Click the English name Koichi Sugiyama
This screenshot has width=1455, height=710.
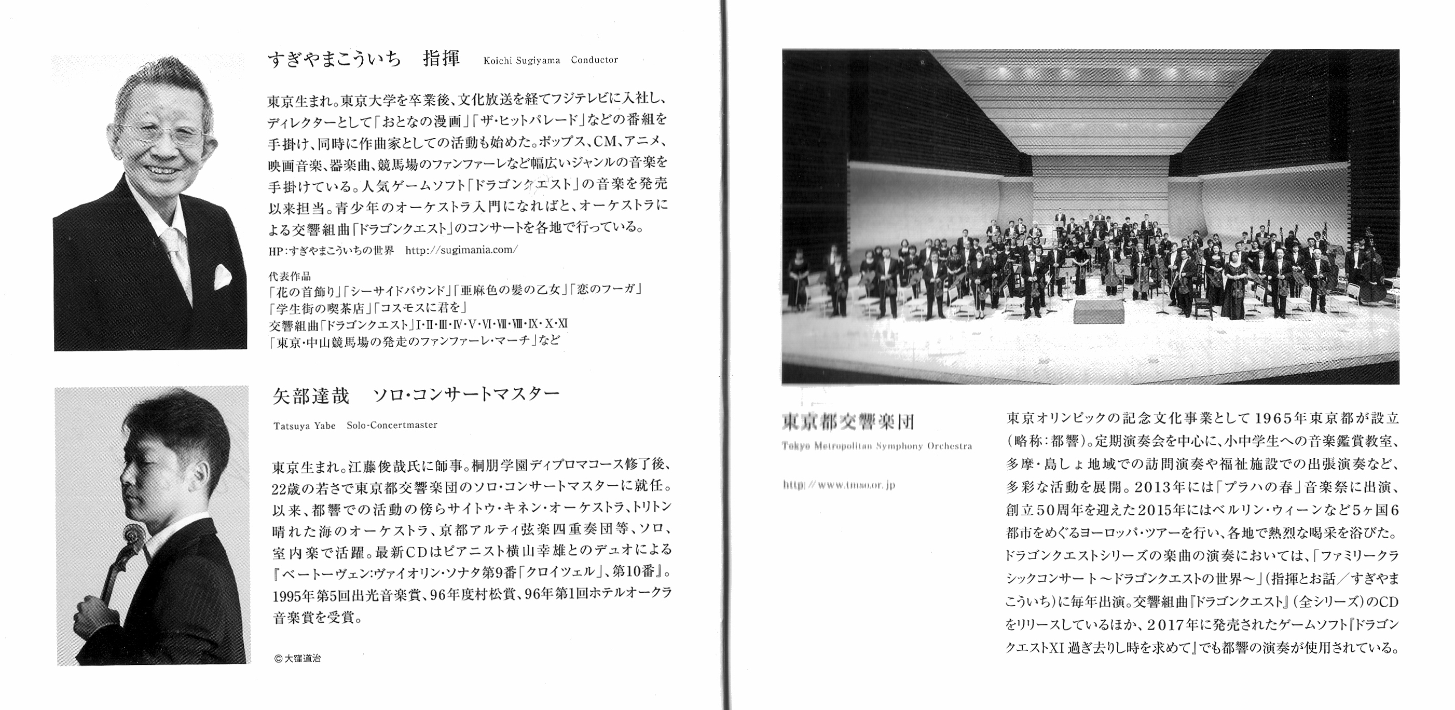click(521, 60)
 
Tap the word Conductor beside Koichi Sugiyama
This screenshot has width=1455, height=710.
click(594, 60)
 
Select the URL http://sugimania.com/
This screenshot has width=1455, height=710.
click(461, 250)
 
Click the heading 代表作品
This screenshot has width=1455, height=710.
click(290, 277)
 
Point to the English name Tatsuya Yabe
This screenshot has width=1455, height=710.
click(305, 425)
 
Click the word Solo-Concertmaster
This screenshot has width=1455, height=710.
click(392, 425)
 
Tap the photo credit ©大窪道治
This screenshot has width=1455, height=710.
click(297, 659)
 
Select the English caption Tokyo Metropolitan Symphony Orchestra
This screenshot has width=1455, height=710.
click(877, 446)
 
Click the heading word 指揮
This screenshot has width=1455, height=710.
click(442, 59)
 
